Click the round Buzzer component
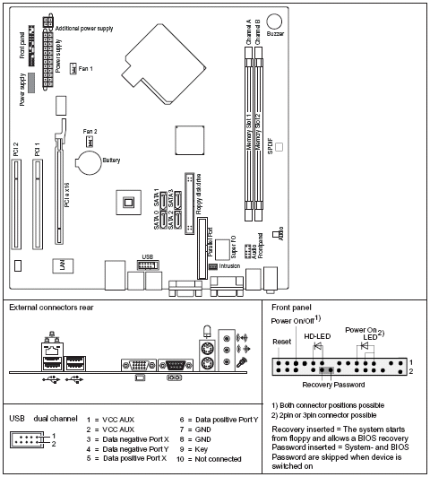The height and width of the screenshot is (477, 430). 275,21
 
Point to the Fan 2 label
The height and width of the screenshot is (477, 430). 90,131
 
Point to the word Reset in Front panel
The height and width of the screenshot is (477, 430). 282,342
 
